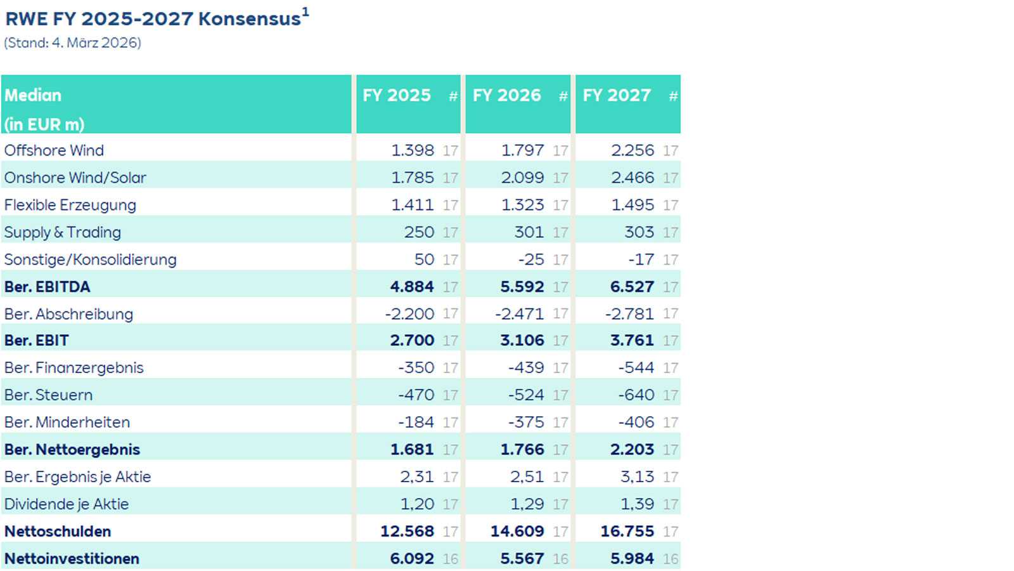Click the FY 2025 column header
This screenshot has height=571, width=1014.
397,95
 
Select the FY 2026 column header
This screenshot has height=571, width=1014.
506,95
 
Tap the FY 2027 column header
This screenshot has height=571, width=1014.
617,95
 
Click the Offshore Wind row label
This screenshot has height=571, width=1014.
54,150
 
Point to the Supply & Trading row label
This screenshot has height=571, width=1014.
62,232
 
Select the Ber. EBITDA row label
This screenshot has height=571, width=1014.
48,287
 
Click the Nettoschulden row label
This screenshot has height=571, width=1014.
58,531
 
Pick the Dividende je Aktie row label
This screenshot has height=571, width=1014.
67,504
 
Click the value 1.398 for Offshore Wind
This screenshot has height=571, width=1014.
413,150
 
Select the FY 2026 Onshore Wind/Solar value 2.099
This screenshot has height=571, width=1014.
522,178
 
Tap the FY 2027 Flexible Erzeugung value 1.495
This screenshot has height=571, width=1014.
632,205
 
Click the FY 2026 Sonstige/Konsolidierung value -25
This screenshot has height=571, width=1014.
530,259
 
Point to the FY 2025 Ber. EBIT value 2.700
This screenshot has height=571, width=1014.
412,341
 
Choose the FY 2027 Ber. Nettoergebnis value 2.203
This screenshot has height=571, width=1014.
632,449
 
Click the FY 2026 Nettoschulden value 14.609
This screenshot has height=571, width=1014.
517,531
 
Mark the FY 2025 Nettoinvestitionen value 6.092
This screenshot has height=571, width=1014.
412,558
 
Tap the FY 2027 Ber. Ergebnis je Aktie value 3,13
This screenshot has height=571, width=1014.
637,476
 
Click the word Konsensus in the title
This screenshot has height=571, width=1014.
250,19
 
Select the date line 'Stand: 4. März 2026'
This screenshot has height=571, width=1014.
72,43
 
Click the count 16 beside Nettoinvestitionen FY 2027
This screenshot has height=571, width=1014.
671,558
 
